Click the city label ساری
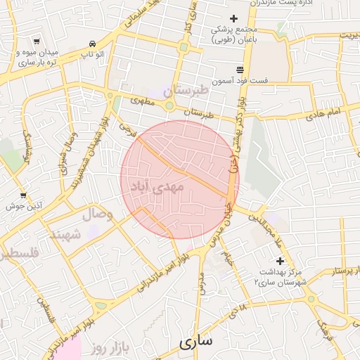[195, 342]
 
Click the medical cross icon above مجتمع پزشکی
[234, 19]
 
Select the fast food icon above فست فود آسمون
[240, 70]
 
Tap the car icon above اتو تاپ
[93, 43]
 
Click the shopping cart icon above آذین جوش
[23, 195]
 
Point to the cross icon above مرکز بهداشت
[280, 261]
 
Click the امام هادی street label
[323, 112]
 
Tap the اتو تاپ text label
[93, 54]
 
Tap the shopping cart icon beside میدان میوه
[36, 41]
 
